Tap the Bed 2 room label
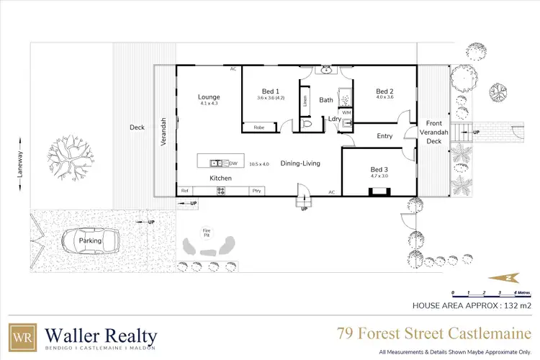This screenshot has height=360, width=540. pyautogui.click(x=384, y=91)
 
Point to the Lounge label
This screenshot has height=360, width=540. pyautogui.click(x=209, y=97)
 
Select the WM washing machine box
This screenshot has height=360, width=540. pyautogui.click(x=346, y=113)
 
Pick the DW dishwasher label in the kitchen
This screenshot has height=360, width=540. pyautogui.click(x=233, y=163)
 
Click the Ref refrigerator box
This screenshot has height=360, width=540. pyautogui.click(x=185, y=191)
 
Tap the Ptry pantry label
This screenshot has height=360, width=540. pyautogui.click(x=257, y=191)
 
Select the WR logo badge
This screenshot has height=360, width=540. pyautogui.click(x=22, y=337)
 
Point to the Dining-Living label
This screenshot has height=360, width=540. pyautogui.click(x=300, y=163)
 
